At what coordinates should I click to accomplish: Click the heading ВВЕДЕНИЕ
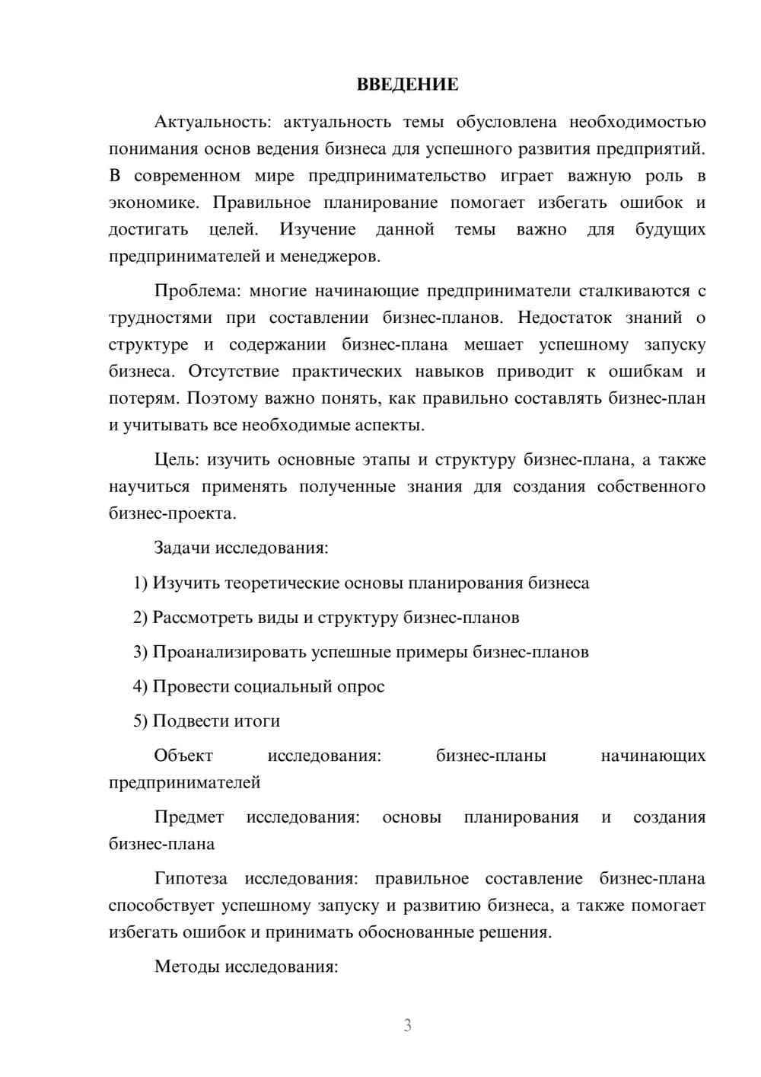coord(407,85)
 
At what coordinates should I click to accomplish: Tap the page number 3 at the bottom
coord(407,1025)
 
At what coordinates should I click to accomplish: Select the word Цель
coord(177,460)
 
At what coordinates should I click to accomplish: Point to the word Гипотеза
coord(190,879)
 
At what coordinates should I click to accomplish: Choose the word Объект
coord(183,756)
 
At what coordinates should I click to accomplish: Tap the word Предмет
coord(189,817)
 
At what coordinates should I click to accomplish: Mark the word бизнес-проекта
coord(172,513)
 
